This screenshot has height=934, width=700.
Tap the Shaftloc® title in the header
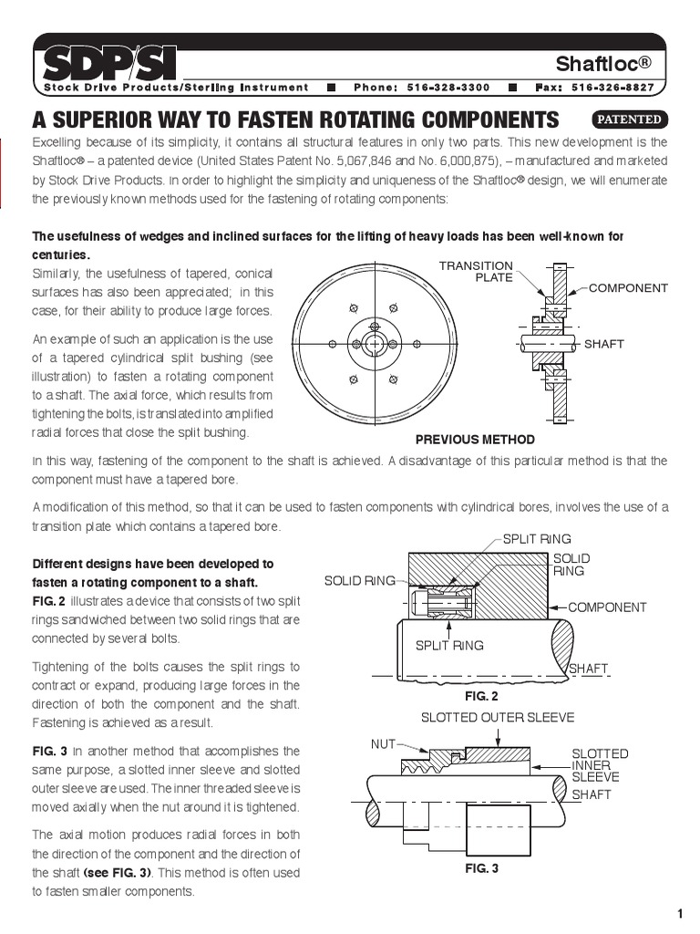click(x=617, y=63)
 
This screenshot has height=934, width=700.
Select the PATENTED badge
click(x=630, y=119)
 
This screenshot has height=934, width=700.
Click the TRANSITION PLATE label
click(x=476, y=271)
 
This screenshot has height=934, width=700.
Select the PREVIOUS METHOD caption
click(x=475, y=440)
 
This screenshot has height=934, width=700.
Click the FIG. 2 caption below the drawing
click(x=475, y=695)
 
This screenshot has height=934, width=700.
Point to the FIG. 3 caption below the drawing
click(x=482, y=868)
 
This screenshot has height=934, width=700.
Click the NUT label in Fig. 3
click(x=383, y=743)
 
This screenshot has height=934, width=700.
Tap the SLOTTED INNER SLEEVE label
click(x=599, y=765)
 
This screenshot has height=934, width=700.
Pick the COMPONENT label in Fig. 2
click(x=607, y=607)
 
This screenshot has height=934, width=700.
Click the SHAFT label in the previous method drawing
click(x=603, y=344)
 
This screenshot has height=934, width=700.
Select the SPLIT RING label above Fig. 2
click(x=537, y=539)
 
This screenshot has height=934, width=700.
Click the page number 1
click(x=680, y=915)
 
